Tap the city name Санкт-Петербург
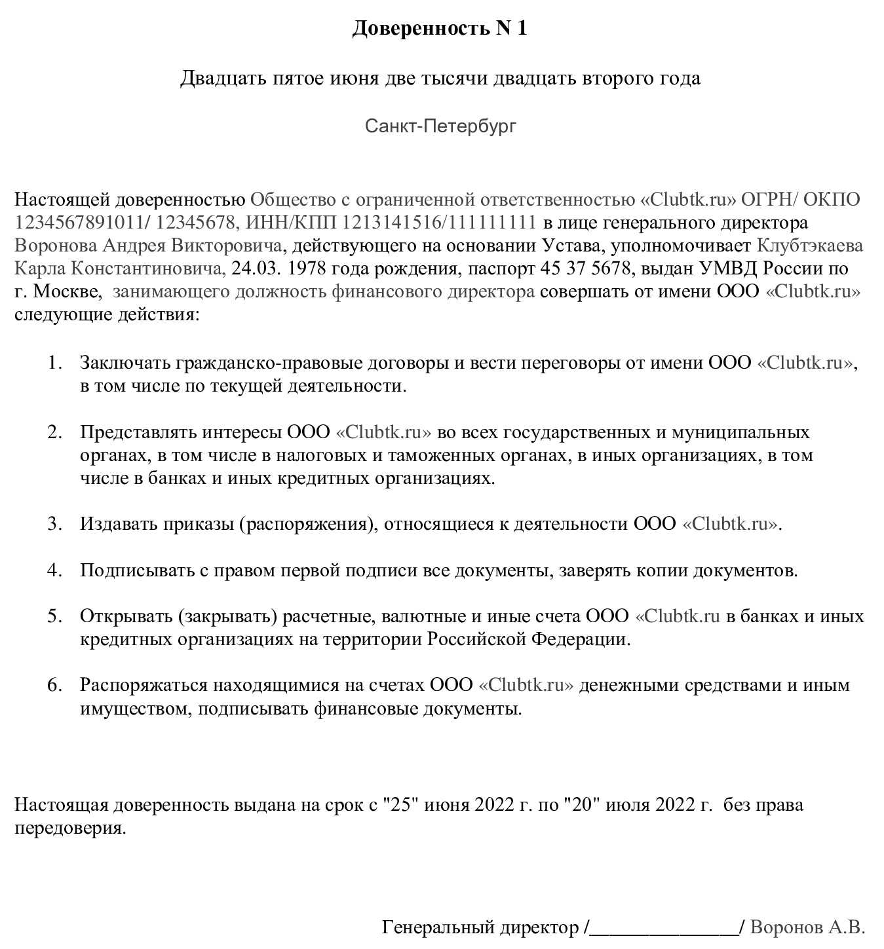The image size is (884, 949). pyautogui.click(x=440, y=125)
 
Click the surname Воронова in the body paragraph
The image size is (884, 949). pyautogui.click(x=56, y=246)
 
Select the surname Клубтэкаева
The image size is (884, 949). pyautogui.click(x=810, y=246)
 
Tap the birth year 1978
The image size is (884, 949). pyautogui.click(x=308, y=269)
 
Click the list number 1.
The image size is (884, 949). pyautogui.click(x=55, y=362)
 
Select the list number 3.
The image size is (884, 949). pyautogui.click(x=55, y=524)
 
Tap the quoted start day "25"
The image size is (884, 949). pyautogui.click(x=399, y=804)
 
